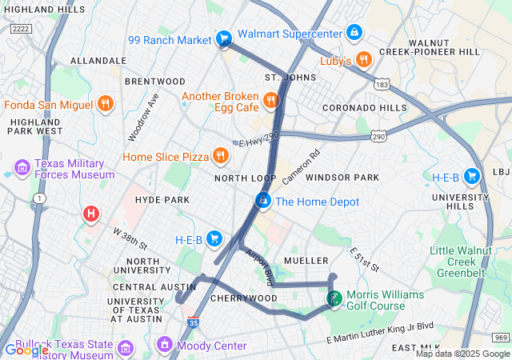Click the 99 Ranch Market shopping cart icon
click(x=224, y=38)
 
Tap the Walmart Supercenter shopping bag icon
click(x=354, y=33)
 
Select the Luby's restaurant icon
click(x=363, y=60)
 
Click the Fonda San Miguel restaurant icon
click(x=104, y=104)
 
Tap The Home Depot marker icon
click(x=262, y=201)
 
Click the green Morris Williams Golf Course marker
click(x=334, y=299)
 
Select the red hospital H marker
click(x=91, y=214)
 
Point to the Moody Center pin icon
click(x=165, y=345)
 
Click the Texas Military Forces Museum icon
click(x=22, y=168)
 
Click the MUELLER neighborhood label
click(x=306, y=261)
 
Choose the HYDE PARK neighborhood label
click(x=162, y=198)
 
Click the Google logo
click(x=26, y=349)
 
